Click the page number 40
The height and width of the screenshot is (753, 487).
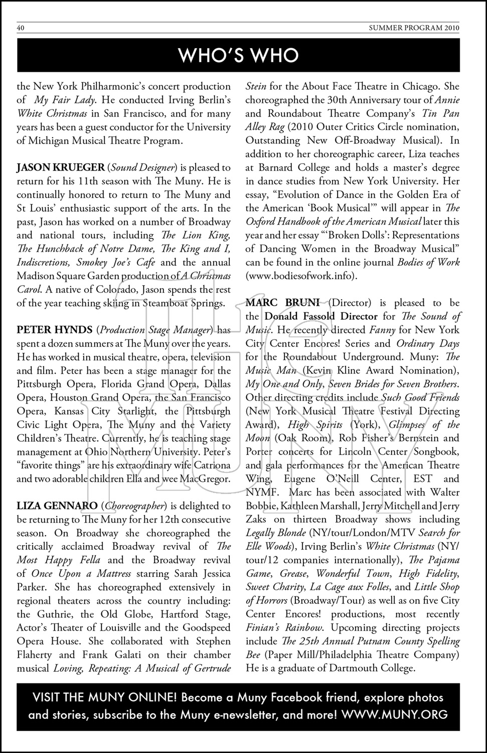point(21,28)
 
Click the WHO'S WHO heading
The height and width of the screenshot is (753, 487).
point(239,55)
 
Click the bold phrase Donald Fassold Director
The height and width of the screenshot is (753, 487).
point(321,316)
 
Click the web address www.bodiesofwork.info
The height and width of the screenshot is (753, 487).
point(301,276)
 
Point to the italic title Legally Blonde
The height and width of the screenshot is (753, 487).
point(275,533)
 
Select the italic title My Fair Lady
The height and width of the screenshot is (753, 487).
point(65,100)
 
